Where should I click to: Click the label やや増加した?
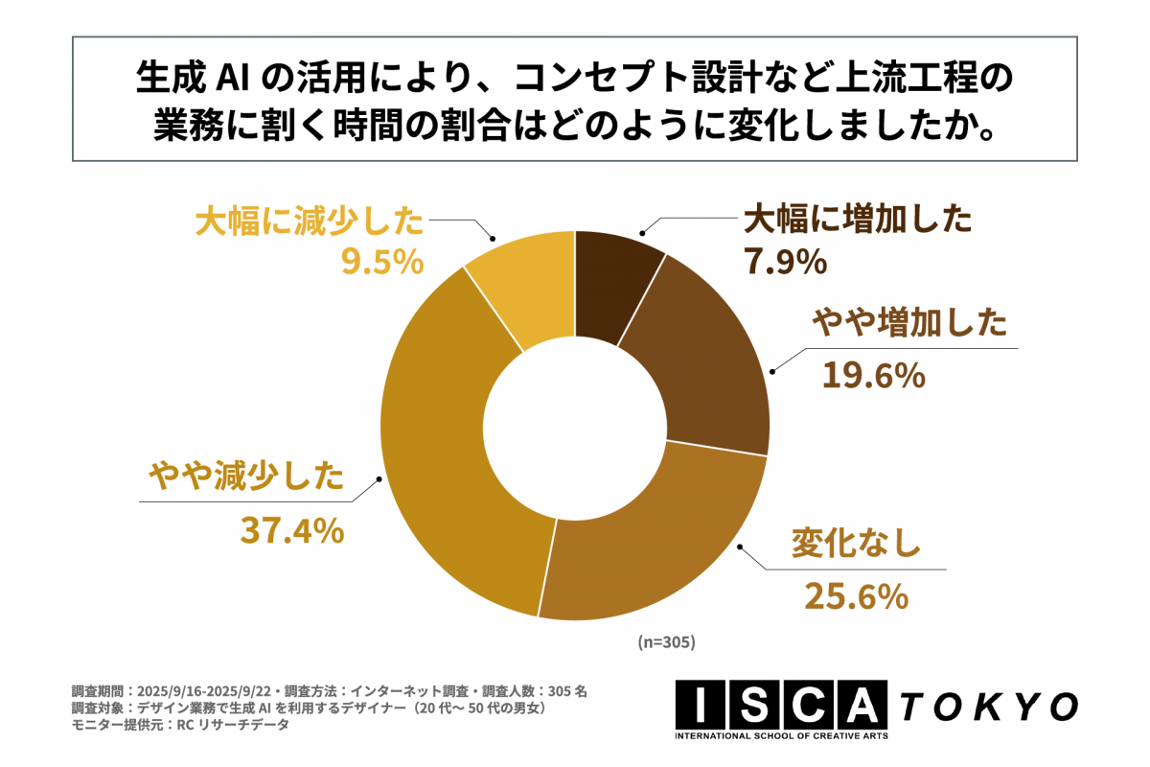909,324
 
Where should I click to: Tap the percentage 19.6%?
873,375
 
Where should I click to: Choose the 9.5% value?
382,261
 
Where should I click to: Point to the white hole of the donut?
575,425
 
